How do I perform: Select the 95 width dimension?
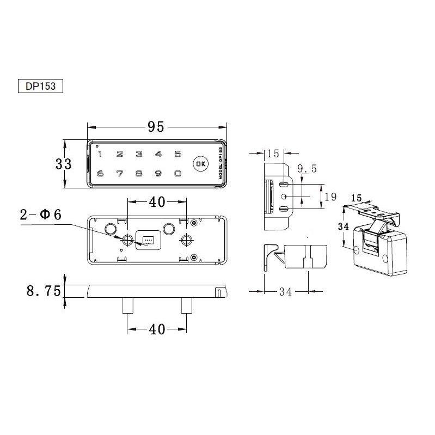coord(155,127)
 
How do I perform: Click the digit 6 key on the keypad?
coord(100,174)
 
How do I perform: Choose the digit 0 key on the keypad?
coord(177,174)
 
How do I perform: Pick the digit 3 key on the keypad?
coord(139,154)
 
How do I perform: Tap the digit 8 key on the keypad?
coord(139,174)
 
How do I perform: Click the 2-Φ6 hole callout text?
coord(41,215)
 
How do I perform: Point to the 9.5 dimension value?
coord(307,170)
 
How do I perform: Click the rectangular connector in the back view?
coord(148,239)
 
